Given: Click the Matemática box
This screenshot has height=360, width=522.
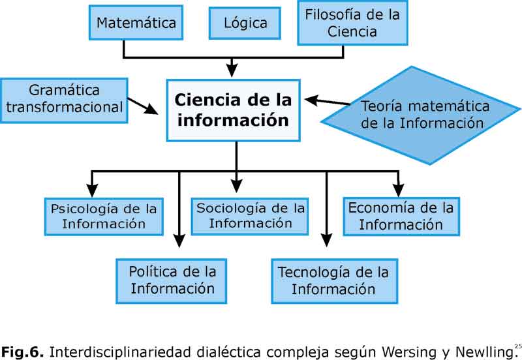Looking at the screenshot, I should (136, 23).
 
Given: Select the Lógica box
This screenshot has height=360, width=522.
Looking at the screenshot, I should (245, 23).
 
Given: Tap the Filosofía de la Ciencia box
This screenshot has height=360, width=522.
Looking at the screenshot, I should (352, 23).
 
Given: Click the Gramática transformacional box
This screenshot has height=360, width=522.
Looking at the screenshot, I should (64, 99).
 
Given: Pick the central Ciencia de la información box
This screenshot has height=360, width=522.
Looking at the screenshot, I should (233, 110).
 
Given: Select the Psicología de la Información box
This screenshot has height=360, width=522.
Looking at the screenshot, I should (104, 217).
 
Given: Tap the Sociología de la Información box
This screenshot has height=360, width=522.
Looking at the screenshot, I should (251, 216).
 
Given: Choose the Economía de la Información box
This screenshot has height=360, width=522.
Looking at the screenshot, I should (401, 217).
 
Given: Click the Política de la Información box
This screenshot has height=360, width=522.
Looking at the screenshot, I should (172, 279).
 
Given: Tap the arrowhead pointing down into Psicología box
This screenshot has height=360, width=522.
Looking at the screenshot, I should (92, 192).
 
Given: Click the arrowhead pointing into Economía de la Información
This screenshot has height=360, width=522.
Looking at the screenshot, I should (397, 190).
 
